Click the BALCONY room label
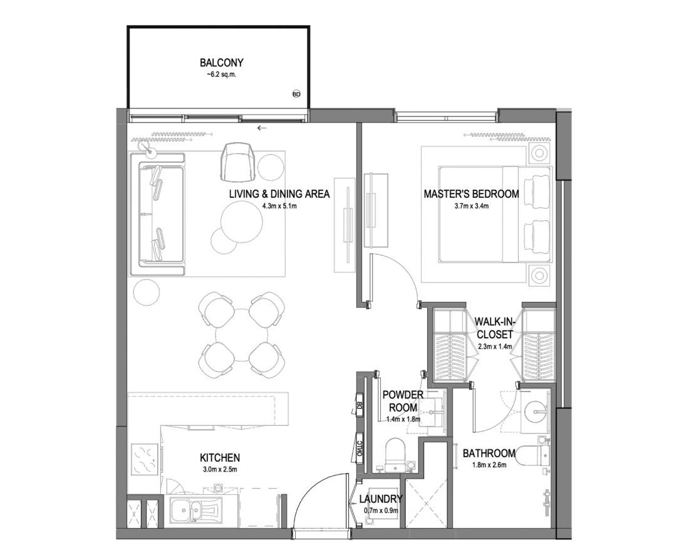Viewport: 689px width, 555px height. tap(222, 63)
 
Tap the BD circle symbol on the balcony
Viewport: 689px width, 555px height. tap(296, 93)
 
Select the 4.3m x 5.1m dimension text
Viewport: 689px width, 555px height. tap(279, 205)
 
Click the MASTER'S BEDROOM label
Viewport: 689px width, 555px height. tap(471, 194)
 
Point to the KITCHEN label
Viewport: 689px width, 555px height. tap(220, 458)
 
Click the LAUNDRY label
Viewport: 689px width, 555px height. tap(381, 499)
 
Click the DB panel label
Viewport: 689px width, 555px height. tap(360, 406)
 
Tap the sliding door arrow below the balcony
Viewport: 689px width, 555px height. tap(262, 128)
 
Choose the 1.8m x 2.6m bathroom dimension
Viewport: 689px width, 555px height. tap(489, 465)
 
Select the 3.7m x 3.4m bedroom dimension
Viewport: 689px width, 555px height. tap(472, 205)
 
